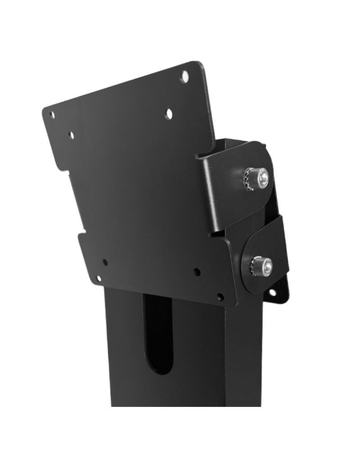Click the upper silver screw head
pyautogui.click(x=263, y=177)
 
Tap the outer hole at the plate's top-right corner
pyautogui.click(x=184, y=77)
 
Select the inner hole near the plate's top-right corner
pyautogui.click(x=169, y=114)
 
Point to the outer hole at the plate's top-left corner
pyautogui.click(x=52, y=115)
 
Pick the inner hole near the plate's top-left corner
pyautogui.click(x=71, y=135)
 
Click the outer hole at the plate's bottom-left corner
pyautogui.click(x=97, y=279)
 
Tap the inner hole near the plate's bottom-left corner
pyautogui.click(x=105, y=262)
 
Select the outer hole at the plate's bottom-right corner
pyautogui.click(x=220, y=296)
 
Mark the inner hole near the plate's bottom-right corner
pyautogui.click(x=197, y=272)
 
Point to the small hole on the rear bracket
pyautogui.click(x=271, y=292)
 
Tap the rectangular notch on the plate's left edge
pyautogui.click(x=81, y=233)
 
